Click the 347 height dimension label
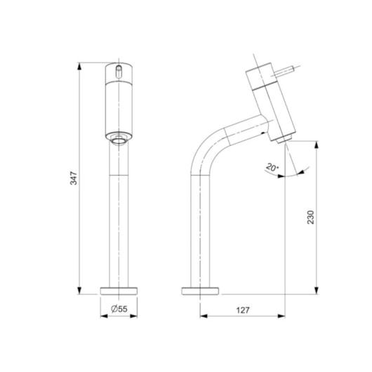tap(74, 178)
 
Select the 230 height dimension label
tap(310, 217)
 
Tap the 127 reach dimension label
tap(243, 310)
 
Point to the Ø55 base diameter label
tap(119, 309)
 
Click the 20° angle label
tap(272, 167)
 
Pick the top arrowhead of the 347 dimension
tap(79, 66)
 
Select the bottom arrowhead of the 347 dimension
tap(79, 291)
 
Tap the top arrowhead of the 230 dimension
tap(316, 145)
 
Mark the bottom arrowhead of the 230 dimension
tap(316, 291)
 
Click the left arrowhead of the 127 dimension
tap(204, 316)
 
